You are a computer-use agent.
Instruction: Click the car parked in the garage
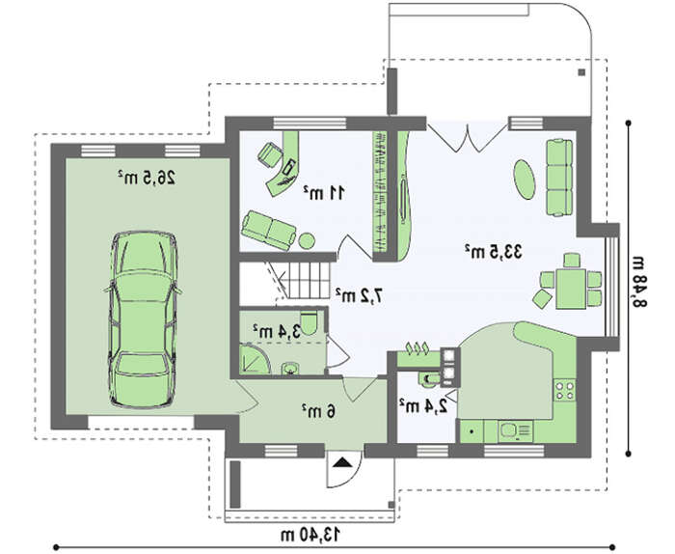(144, 319)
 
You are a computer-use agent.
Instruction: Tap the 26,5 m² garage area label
(147, 177)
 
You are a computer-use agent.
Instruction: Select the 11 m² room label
(324, 193)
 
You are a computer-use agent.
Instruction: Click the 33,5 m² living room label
(494, 251)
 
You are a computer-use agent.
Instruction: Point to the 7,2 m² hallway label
(359, 295)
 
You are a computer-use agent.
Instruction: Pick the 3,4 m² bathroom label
(277, 331)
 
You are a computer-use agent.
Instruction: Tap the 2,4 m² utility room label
(422, 406)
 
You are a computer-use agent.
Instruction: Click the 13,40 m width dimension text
(310, 535)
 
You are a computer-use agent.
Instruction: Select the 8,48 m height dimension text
(638, 281)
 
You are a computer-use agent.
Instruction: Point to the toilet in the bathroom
(309, 322)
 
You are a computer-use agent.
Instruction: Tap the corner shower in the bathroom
(254, 358)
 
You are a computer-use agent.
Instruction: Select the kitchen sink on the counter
(515, 430)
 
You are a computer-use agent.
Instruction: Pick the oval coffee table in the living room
(525, 180)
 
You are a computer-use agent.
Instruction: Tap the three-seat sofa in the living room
(559, 177)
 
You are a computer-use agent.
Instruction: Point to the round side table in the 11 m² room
(307, 241)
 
